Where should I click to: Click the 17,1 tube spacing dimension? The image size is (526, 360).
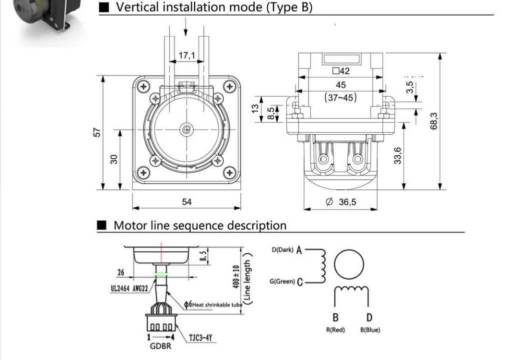pos(186,56)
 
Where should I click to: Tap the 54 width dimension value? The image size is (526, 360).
pos(186,202)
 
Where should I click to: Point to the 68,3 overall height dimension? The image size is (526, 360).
pos(434,121)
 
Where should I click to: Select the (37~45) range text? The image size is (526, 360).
pos(340,98)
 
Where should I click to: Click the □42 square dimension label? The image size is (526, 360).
pos(341,71)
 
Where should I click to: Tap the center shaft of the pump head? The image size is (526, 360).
pos(187,129)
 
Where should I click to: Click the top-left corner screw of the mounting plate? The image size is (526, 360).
pos(144,86)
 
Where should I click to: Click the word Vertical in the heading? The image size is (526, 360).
pos(136,8)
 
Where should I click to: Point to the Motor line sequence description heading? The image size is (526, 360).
pos(200,225)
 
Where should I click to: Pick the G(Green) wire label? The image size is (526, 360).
pos(282,281)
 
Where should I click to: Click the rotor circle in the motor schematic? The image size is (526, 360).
pos(348,265)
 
